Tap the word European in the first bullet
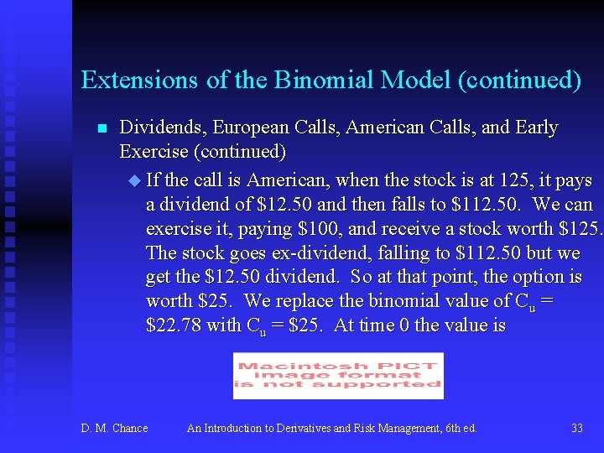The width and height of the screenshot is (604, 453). [x=249, y=128]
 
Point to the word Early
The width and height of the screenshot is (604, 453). [x=537, y=128]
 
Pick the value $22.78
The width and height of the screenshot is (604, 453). [x=172, y=325]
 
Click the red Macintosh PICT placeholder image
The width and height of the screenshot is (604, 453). [x=338, y=375]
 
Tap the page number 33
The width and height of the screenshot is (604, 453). [x=577, y=428]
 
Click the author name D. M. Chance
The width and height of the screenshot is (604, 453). [x=114, y=428]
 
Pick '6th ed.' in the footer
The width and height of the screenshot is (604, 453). [x=459, y=428]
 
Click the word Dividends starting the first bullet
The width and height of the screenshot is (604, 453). [x=162, y=128]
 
